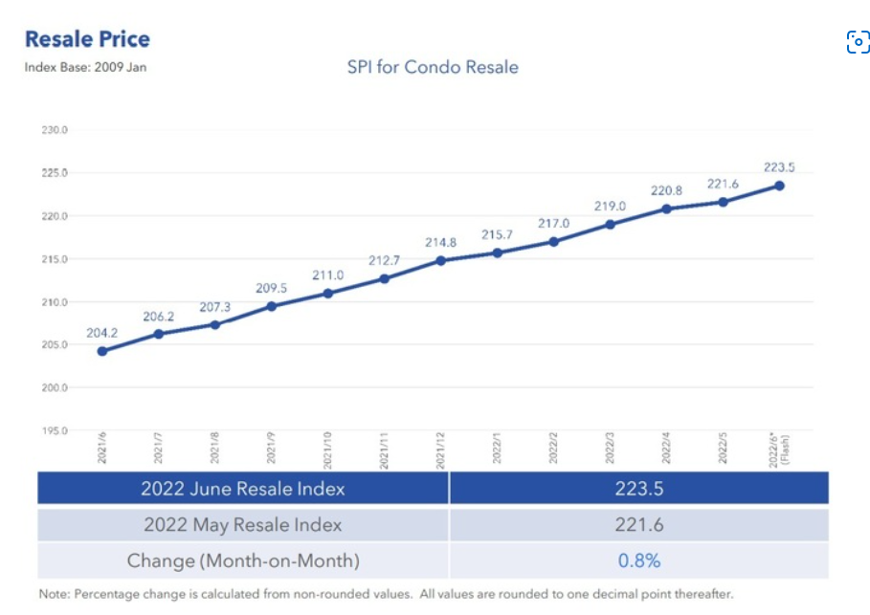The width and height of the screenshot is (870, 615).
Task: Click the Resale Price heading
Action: coord(87,39)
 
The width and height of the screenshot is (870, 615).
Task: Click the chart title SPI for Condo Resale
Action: coord(433,67)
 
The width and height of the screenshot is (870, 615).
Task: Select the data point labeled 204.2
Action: coord(101,351)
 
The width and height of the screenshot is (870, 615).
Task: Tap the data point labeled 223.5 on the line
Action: coord(779,186)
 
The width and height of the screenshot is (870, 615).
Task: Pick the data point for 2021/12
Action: coord(440,260)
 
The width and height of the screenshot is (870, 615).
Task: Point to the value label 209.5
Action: coord(271,287)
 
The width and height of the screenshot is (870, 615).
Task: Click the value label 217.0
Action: coord(553,223)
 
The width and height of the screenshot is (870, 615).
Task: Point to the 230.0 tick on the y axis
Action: coord(55,131)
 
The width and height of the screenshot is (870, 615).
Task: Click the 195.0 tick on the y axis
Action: coord(55,431)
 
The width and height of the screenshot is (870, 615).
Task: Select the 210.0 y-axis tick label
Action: coord(55,302)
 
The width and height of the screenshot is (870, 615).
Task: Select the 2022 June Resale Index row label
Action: coord(242,488)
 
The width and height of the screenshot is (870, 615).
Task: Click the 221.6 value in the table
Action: coord(639,524)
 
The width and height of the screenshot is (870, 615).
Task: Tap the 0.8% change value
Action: coord(639,560)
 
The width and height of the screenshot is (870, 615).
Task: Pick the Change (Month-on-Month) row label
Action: coord(243,560)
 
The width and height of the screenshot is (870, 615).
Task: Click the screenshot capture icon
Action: coord(858,42)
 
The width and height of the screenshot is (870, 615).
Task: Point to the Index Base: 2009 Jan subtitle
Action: coord(85,67)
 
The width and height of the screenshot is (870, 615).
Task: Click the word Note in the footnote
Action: coord(54,594)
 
